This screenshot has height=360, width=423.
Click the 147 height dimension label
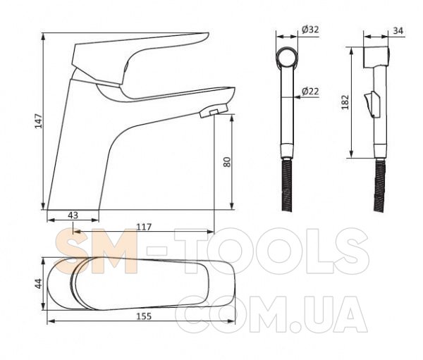[x=39, y=121]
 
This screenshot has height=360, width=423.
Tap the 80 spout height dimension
[x=227, y=162]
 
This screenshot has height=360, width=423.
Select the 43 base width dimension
[x=73, y=215]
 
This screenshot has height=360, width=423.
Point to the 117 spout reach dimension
[x=144, y=227]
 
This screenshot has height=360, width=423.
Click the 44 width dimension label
[x=39, y=284]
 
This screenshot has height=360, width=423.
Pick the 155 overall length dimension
[x=144, y=316]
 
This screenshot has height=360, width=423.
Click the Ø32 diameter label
[x=310, y=29]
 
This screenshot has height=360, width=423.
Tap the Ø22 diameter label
[x=310, y=91]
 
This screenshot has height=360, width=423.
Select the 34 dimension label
[x=398, y=31]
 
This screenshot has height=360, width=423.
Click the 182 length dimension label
[x=345, y=102]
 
